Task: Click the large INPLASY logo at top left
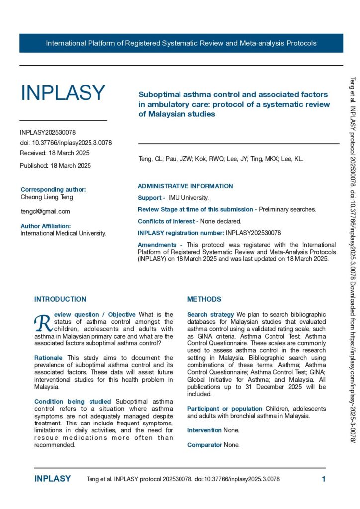(x=63, y=93)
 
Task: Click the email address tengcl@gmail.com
(x=45, y=211)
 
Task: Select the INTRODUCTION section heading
(x=60, y=299)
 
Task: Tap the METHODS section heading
(x=204, y=299)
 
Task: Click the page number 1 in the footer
(x=324, y=479)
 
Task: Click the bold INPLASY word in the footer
(x=52, y=479)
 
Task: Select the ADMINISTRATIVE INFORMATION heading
(x=185, y=186)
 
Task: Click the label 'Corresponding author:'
(x=53, y=190)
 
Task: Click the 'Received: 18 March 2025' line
(x=55, y=153)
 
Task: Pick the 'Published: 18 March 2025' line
(x=55, y=166)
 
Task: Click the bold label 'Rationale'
(x=49, y=358)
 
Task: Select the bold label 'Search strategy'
(x=211, y=315)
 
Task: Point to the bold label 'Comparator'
(x=204, y=445)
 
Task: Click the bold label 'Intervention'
(x=205, y=430)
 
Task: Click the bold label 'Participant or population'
(x=225, y=408)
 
